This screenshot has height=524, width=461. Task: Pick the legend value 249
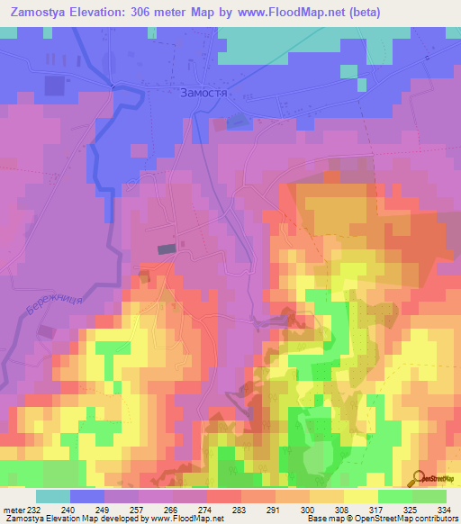point(105,510)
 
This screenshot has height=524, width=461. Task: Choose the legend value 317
point(378,510)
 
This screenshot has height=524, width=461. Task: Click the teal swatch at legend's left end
point(53,496)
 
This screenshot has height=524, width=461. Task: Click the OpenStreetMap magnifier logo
point(419,478)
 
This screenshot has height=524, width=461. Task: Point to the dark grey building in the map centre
point(167,248)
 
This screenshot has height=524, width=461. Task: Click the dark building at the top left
point(54,85)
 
